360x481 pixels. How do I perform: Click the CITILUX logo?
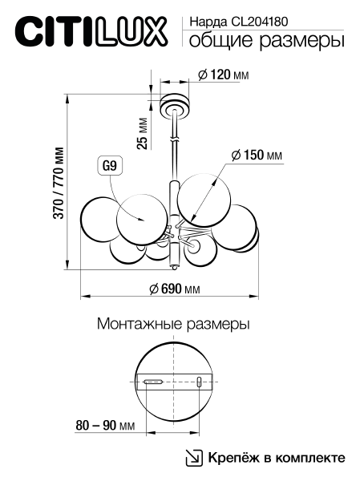(x=91, y=31)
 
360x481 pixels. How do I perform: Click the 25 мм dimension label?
(x=143, y=132)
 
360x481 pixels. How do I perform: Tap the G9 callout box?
(x=110, y=167)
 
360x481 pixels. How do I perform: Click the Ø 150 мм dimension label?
(x=257, y=155)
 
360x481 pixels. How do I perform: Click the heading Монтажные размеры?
(x=172, y=325)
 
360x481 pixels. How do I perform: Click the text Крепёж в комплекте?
(x=277, y=458)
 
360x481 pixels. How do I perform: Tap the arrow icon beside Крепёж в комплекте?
(x=194, y=458)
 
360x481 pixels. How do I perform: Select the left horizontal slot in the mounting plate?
(x=152, y=382)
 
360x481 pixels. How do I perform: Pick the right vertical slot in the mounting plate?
(x=199, y=382)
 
